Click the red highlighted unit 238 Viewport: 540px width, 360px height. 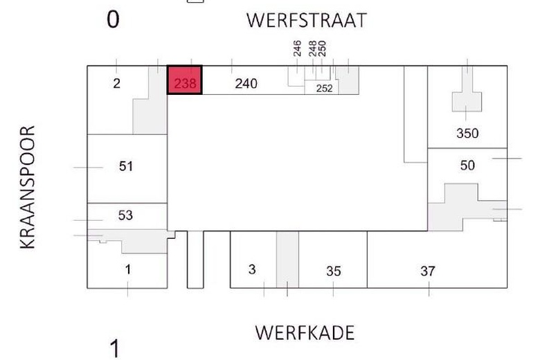185,80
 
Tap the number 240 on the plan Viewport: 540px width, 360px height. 246,84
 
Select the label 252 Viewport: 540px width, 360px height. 324,88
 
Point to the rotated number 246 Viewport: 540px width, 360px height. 297,49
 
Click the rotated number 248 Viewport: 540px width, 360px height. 313,49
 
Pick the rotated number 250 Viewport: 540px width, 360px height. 322,49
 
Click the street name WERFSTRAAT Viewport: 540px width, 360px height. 305,21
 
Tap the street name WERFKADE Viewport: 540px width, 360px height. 305,333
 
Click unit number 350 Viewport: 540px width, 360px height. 468,134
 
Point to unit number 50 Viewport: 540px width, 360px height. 468,165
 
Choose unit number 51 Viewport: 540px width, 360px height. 125,166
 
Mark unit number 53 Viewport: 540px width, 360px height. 125,215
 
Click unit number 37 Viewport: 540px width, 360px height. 428,271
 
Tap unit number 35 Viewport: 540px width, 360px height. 333,271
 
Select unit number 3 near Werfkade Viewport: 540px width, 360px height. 252,269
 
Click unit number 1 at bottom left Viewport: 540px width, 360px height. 128,269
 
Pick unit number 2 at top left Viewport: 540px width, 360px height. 116,84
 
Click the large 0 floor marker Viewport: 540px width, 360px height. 113,20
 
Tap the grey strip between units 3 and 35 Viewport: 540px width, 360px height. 287,260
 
